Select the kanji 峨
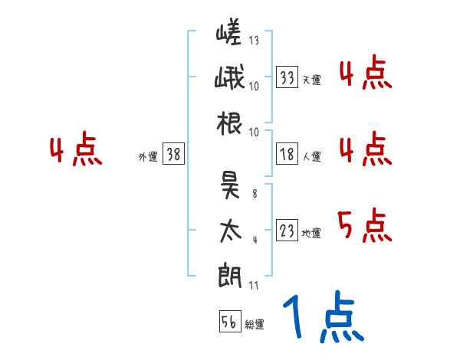tap(229, 79)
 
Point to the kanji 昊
tap(229, 184)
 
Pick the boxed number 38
tap(174, 155)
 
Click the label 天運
tap(311, 80)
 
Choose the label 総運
tap(255, 324)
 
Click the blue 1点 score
tap(323, 318)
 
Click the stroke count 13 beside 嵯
tap(254, 41)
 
